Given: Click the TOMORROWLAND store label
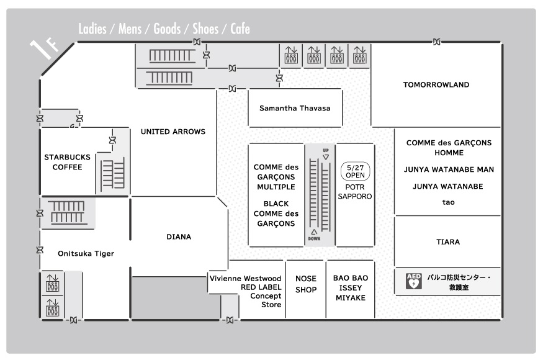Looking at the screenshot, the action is coord(436,85).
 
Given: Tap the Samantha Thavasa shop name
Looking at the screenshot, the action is coord(295,108).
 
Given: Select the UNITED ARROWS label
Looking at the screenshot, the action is coord(173,132).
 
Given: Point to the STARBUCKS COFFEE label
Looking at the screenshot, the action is coord(67,162).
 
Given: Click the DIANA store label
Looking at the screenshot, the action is coord(179,237).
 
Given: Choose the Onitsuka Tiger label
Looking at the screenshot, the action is coord(86,254).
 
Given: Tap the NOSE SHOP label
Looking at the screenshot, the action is coord(306,284).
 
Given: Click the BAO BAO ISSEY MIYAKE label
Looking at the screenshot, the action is coord(351,288).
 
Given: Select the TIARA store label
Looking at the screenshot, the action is coord(448,242).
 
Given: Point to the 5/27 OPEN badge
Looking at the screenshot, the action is coord(356,171).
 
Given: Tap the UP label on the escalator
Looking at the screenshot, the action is coord(326,150).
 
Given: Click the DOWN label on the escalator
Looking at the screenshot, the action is coord(314,239).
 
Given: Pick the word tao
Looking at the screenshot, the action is coord(448,202).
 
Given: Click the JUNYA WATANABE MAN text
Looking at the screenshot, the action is coord(449,170).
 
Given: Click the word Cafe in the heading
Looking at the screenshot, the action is coord(240,29).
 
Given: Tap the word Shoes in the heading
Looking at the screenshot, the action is coord(205,29).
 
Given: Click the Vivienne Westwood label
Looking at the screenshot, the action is coord(245,279).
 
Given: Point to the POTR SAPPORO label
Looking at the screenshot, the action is coord(355,192).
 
